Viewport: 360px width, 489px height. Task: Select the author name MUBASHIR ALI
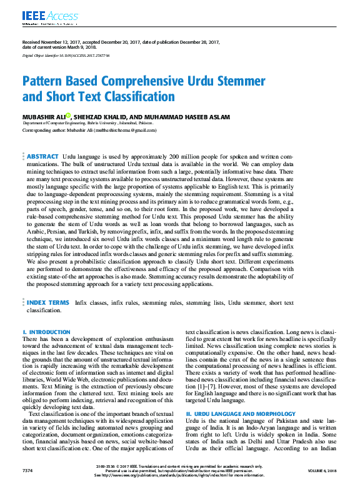point(43,116)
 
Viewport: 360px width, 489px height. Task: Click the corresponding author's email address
point(125,131)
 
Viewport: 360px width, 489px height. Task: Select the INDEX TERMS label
point(48,302)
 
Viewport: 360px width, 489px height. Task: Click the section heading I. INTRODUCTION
point(46,332)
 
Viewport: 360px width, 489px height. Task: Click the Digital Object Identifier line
point(66,56)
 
